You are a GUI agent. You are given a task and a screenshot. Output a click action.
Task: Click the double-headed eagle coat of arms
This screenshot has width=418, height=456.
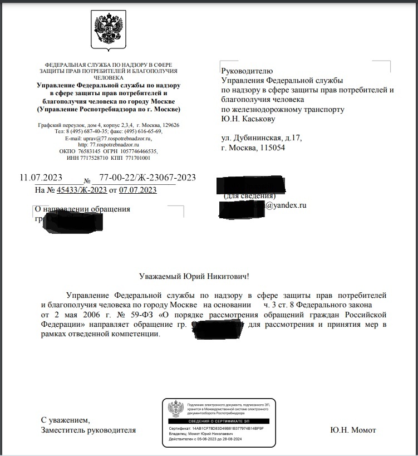pyautogui.click(x=108, y=30)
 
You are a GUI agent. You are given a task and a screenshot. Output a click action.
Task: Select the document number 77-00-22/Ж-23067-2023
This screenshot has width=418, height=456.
pyautogui.click(x=147, y=178)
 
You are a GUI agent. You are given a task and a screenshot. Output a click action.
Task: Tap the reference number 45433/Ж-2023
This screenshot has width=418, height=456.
pyautogui.click(x=81, y=190)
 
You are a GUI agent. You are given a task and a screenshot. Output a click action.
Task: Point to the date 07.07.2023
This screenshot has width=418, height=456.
pyautogui.click(x=137, y=190)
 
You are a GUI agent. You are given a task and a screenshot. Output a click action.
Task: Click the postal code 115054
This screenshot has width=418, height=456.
pyautogui.click(x=270, y=148)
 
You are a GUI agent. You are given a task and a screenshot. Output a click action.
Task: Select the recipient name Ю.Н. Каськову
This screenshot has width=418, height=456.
pyautogui.click(x=248, y=119)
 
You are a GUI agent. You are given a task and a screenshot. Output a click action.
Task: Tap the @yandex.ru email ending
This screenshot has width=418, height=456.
pyautogui.click(x=286, y=205)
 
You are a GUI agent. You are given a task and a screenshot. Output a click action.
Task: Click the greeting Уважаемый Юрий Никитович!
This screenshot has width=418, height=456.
pyautogui.click(x=194, y=276)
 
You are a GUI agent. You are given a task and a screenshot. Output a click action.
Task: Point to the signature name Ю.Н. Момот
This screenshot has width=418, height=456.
pyautogui.click(x=352, y=430)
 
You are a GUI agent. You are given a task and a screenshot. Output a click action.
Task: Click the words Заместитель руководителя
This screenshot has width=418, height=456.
pyautogui.click(x=88, y=430)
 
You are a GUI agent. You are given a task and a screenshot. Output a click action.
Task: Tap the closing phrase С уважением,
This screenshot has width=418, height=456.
pyautogui.click(x=65, y=419)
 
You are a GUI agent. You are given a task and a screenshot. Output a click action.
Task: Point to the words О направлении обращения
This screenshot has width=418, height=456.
pyautogui.click(x=82, y=209)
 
